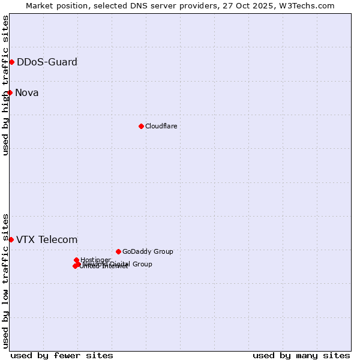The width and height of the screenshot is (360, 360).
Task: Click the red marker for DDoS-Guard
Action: click(11, 62)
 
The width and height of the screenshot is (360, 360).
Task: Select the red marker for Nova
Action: click(10, 92)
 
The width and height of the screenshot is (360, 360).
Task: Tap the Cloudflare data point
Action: click(141, 126)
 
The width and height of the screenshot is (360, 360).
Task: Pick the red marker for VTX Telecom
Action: click(11, 239)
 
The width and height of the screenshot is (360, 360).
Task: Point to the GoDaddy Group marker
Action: click(118, 251)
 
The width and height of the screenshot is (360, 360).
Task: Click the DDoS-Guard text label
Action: click(47, 62)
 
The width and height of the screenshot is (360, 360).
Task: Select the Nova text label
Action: click(27, 92)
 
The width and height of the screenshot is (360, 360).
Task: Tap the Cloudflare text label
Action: click(161, 126)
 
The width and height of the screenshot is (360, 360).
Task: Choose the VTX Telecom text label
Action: click(47, 239)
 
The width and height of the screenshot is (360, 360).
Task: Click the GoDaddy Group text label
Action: click(148, 251)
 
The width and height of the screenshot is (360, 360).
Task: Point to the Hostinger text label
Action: click(95, 260)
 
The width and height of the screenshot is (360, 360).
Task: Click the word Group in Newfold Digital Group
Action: click(142, 264)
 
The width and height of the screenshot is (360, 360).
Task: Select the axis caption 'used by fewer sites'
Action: click(62, 355)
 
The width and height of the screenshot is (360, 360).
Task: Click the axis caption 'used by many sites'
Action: click(301, 355)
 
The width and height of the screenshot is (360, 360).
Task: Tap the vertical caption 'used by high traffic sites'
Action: click(6, 85)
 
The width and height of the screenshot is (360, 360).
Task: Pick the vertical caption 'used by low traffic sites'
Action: click(6, 280)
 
